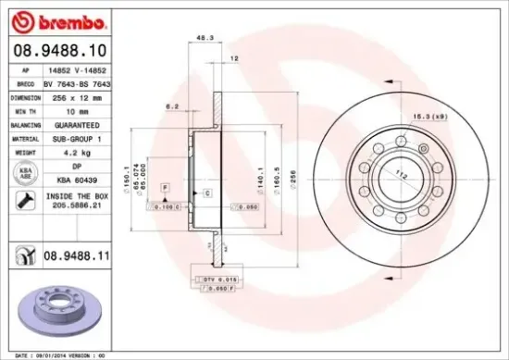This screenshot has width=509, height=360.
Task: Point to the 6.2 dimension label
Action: pyautogui.click(x=172, y=107)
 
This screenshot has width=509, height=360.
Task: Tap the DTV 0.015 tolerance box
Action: pyautogui.click(x=217, y=279)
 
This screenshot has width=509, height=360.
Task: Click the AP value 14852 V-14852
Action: pyautogui.click(x=80, y=69)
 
